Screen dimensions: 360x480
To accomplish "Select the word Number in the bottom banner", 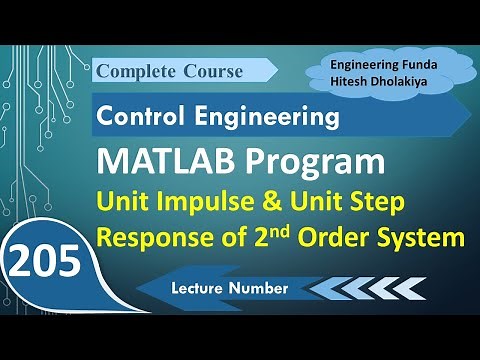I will pos(261,288).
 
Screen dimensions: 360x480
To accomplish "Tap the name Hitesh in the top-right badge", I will pos(356,80).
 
